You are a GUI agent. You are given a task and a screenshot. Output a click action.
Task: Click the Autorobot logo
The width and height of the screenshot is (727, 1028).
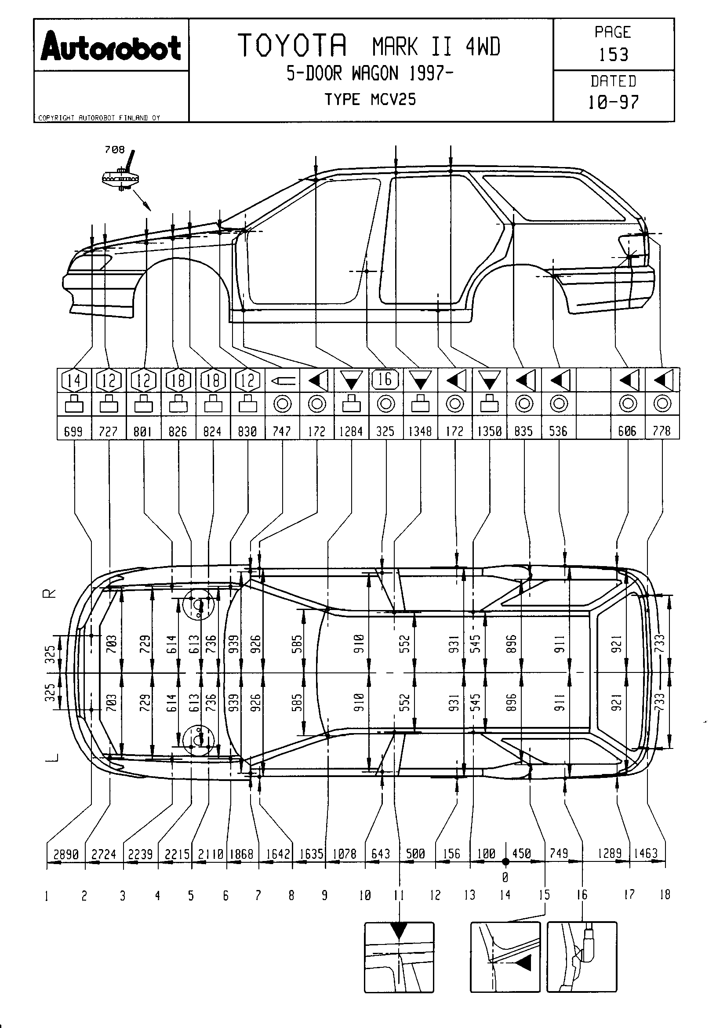(111, 47)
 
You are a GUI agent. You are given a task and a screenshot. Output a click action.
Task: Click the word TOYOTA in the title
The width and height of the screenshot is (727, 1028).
(292, 46)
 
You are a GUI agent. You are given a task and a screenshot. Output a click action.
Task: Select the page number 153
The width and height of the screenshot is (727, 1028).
(614, 54)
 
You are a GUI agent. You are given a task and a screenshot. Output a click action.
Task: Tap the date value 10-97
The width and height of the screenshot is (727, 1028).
(613, 102)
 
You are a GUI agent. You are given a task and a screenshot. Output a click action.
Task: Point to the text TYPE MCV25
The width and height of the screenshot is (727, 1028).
(370, 99)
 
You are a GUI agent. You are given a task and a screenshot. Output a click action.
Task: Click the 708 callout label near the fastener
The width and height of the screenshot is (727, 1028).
(115, 150)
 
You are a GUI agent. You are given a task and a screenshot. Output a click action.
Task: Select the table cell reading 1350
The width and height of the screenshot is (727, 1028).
(489, 431)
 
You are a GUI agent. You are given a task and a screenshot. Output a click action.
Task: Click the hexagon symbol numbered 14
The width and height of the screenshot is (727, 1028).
(74, 381)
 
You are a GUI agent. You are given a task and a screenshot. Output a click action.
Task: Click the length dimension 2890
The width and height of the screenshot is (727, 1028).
(66, 854)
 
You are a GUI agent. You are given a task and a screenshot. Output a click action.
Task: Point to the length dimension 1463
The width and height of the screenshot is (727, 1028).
(646, 854)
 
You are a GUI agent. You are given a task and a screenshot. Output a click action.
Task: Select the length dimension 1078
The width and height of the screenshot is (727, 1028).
(344, 854)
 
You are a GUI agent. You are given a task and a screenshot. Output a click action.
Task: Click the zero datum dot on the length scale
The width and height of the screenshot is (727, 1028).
(505, 861)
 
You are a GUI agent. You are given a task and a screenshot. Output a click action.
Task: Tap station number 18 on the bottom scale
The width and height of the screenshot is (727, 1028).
(665, 895)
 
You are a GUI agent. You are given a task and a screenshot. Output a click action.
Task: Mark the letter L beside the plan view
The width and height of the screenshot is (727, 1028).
(51, 757)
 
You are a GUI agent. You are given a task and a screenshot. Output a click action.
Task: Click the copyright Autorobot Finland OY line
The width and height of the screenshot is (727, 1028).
(99, 118)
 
